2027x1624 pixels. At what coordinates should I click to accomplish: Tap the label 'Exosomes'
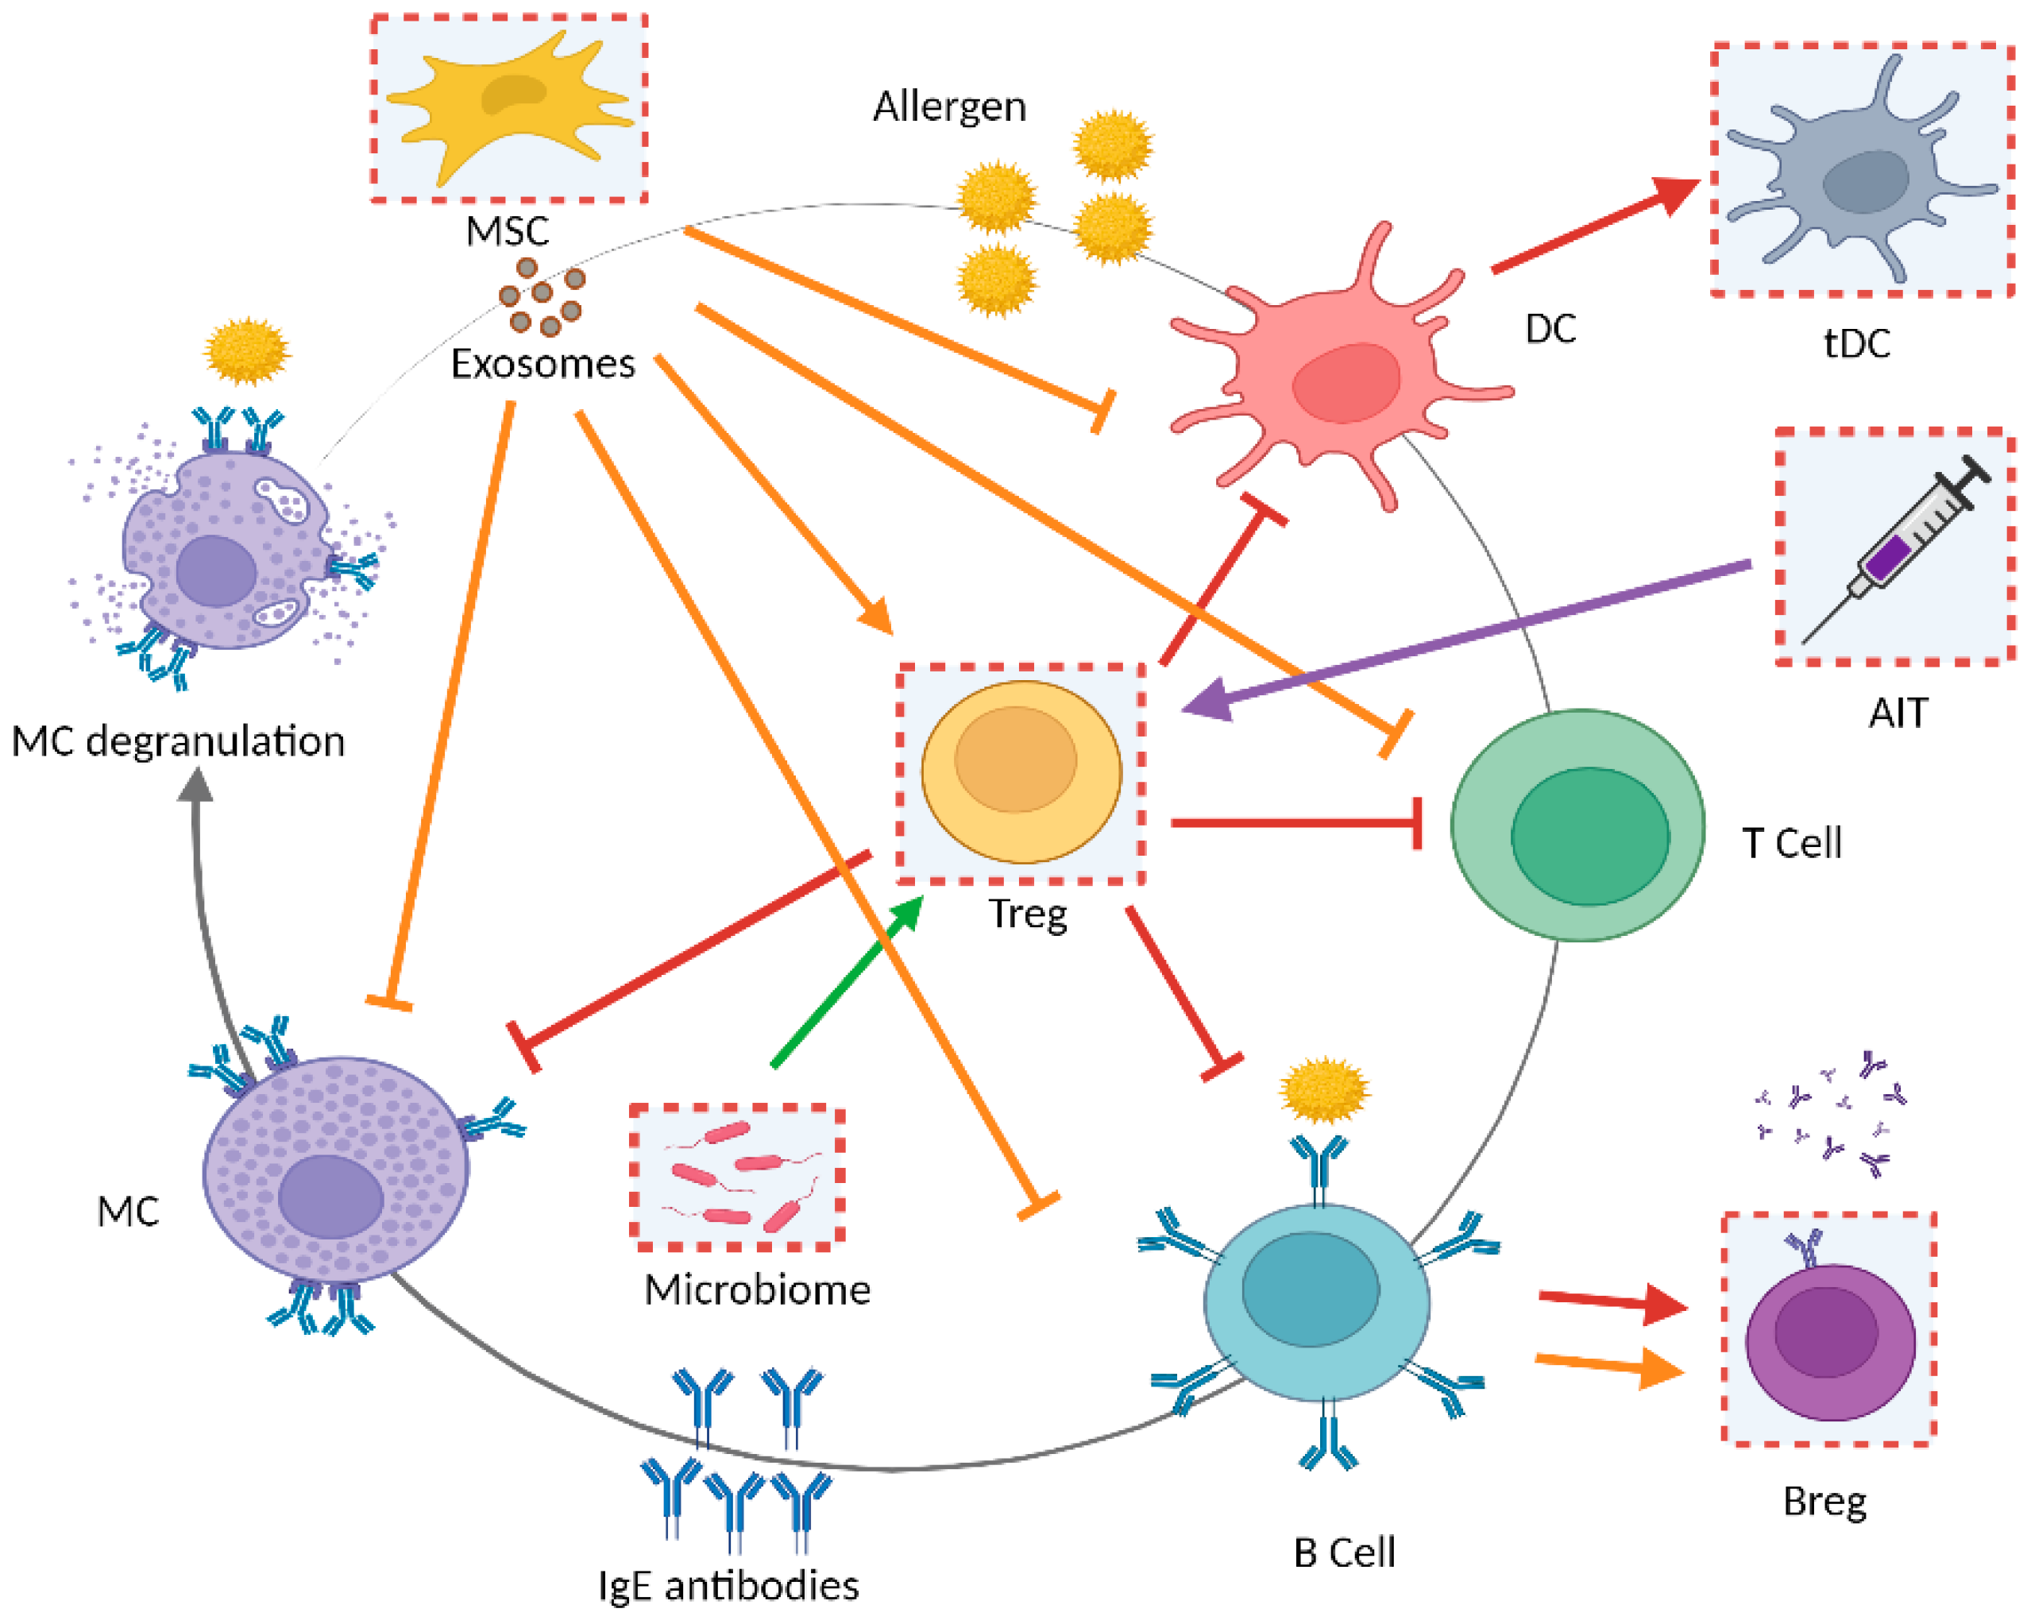point(542,364)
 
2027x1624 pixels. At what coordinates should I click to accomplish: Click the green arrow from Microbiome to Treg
point(846,983)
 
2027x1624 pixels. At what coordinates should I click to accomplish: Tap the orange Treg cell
point(1021,771)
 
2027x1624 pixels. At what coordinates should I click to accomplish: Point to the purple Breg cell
point(1828,1340)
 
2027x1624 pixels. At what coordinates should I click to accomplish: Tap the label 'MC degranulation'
point(179,741)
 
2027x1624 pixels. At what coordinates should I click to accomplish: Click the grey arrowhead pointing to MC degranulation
point(195,785)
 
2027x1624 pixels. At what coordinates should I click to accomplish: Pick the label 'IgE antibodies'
point(728,1585)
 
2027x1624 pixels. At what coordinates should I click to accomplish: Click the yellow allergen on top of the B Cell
point(1324,1089)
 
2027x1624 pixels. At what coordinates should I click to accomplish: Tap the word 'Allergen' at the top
point(950,106)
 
